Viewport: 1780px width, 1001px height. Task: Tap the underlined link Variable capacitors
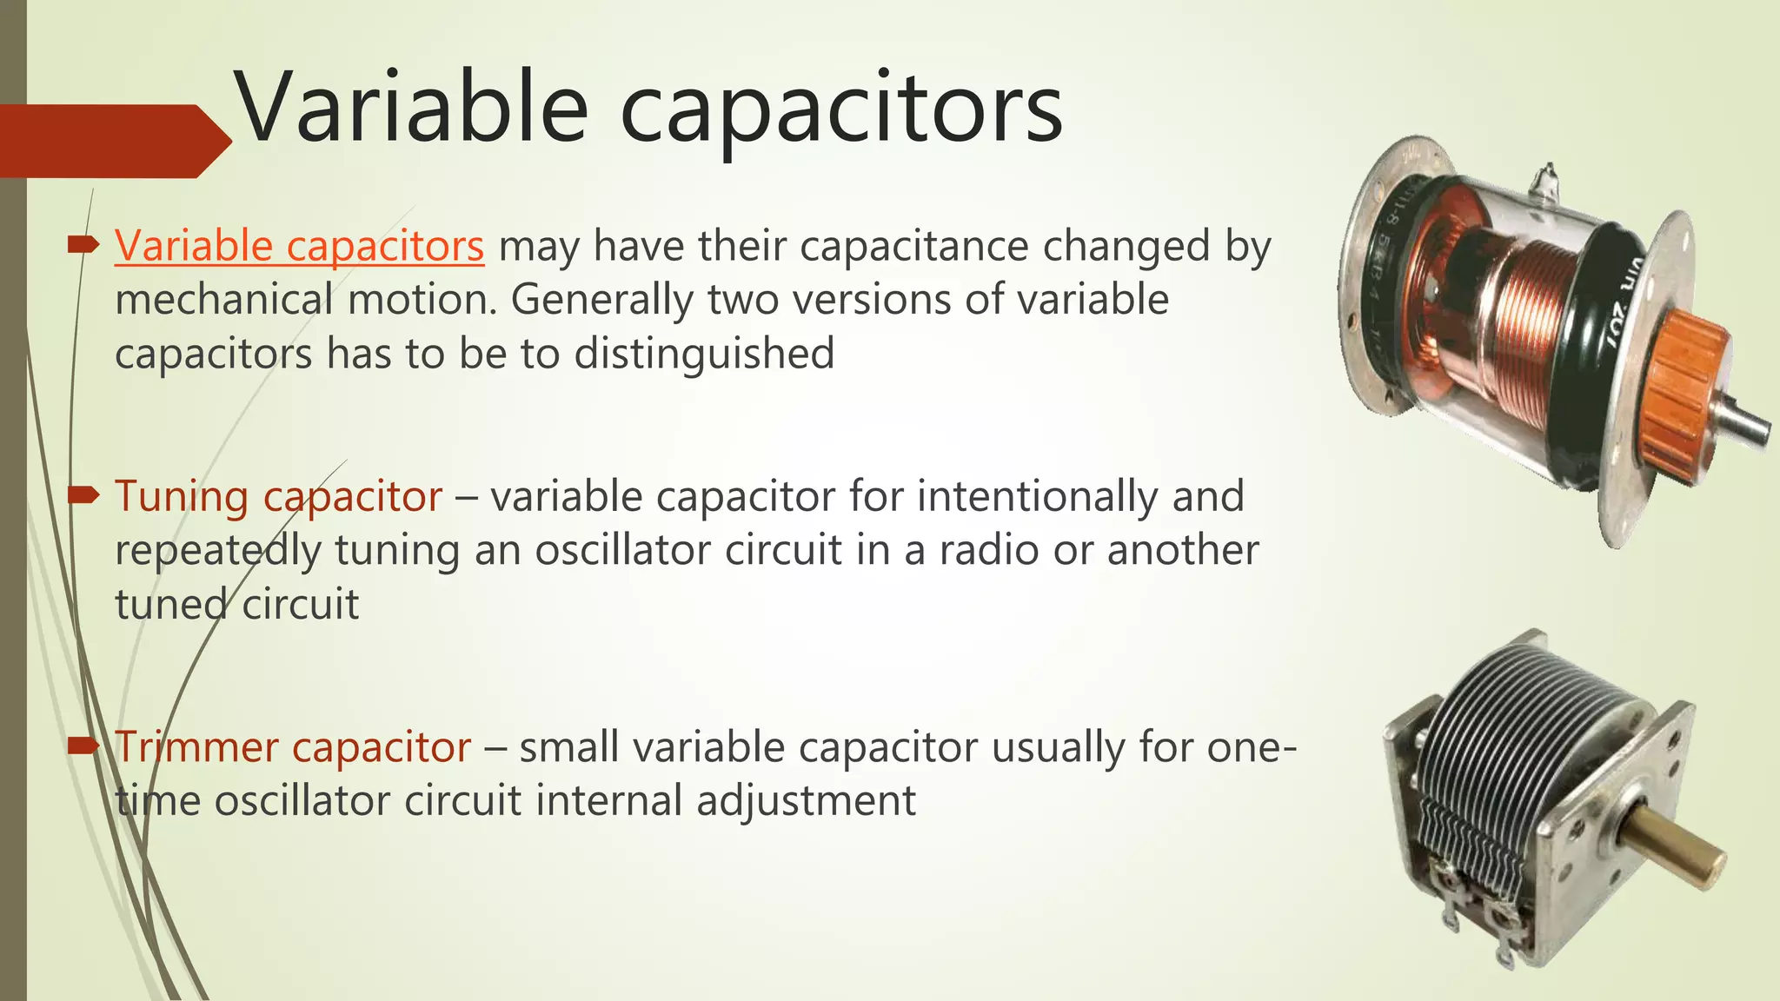(x=299, y=246)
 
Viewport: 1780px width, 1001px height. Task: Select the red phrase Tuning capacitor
(x=278, y=496)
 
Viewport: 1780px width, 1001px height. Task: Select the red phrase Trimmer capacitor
(x=293, y=747)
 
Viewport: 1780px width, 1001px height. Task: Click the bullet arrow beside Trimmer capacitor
(x=83, y=746)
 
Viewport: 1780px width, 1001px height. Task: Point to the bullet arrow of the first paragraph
(x=83, y=246)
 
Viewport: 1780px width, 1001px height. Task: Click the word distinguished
(x=704, y=354)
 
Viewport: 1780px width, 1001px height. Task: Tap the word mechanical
(x=223, y=301)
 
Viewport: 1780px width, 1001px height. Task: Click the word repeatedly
(x=217, y=550)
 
